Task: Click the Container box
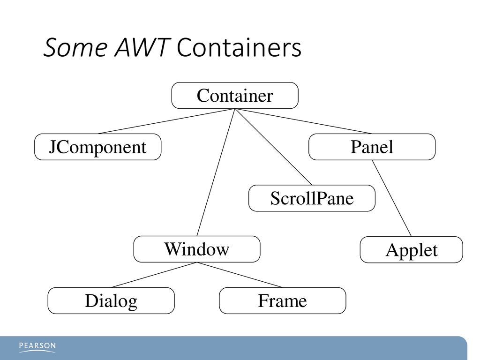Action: [x=235, y=96]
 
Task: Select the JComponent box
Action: [x=97, y=147]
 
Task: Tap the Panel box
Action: [x=372, y=147]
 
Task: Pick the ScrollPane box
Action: [x=312, y=198]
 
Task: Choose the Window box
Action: [x=197, y=249]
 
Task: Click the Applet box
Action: [x=412, y=249]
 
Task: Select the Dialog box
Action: [x=111, y=300]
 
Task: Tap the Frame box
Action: [x=283, y=300]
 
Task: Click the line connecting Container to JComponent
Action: [x=166, y=121]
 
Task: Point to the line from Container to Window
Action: [x=216, y=172]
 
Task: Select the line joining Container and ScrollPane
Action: [x=273, y=147]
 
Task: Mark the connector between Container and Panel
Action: [x=303, y=121]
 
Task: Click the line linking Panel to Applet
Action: [x=392, y=198]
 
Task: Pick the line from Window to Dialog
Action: [x=154, y=275]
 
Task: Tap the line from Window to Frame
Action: [x=240, y=275]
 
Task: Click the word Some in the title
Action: [x=75, y=48]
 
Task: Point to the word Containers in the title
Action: [x=240, y=48]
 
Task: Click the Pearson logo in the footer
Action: [x=37, y=347]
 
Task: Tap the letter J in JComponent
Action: [x=52, y=147]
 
